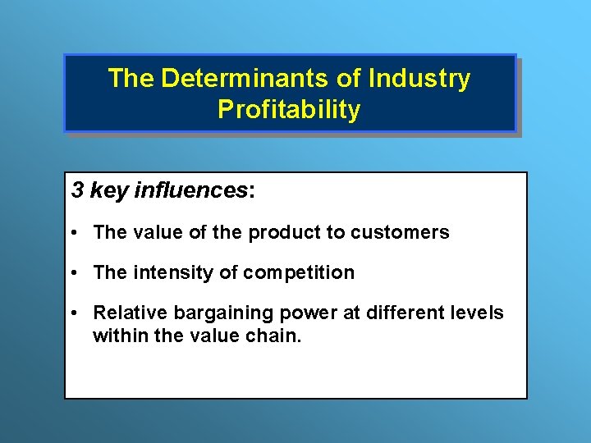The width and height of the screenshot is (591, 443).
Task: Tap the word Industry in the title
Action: coord(419,79)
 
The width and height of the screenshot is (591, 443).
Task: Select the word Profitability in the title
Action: coord(289,110)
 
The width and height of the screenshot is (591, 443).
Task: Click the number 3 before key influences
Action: coord(77,191)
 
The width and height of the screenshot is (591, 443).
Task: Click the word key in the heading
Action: coord(107,191)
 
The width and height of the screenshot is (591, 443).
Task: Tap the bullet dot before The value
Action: coord(74,233)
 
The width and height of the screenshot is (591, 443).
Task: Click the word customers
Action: coord(400,233)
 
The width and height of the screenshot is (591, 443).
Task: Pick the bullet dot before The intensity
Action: coord(74,273)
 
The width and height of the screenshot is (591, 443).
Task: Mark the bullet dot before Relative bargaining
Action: coord(74,313)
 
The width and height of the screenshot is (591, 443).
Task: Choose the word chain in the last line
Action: coord(277,335)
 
